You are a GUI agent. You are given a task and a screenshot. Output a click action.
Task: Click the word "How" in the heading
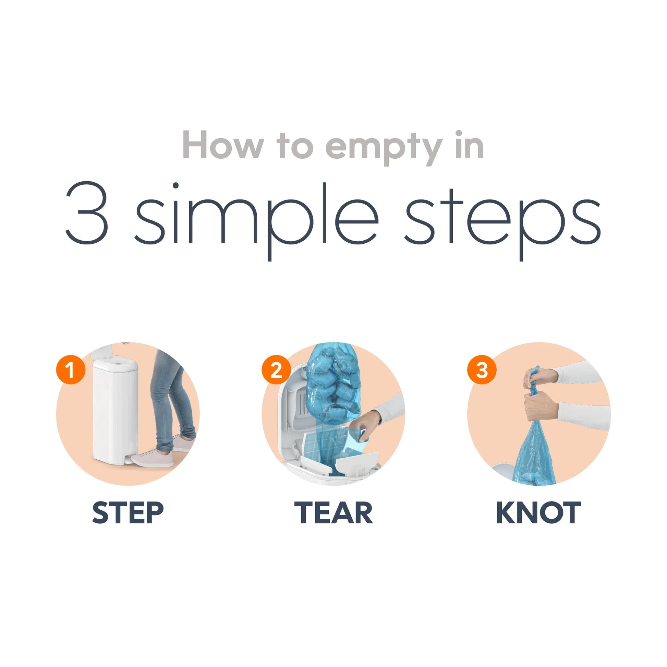(223, 145)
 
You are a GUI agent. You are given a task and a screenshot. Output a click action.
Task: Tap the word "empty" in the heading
(384, 149)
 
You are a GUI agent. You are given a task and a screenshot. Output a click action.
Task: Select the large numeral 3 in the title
(87, 213)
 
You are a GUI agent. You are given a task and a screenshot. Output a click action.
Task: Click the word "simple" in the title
(256, 221)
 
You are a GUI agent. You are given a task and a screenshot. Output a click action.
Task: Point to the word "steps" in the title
(503, 221)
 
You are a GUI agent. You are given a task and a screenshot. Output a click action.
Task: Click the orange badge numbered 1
(70, 371)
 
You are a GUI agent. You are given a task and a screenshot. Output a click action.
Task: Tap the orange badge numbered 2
(276, 371)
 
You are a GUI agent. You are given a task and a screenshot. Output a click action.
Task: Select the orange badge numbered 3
(482, 371)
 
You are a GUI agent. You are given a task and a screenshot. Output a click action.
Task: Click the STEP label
(128, 513)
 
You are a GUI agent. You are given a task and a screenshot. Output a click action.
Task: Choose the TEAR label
(333, 513)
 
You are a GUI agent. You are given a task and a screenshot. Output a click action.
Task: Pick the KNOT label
(538, 513)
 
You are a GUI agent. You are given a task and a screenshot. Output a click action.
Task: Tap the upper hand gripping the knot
(538, 378)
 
